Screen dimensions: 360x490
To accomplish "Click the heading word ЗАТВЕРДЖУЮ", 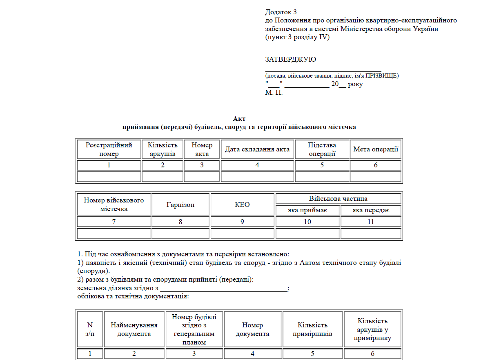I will point(290,60).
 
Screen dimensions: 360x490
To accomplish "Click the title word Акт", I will point(239,119).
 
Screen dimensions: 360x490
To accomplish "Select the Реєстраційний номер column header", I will point(109,149).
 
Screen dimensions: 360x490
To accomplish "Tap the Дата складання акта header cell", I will point(257,149).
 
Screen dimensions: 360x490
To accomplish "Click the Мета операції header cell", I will point(376,149).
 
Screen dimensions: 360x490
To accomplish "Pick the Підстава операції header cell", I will point(322,149).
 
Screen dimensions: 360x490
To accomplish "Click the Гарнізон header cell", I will point(180,204).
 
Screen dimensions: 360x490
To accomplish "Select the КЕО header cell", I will point(242,204).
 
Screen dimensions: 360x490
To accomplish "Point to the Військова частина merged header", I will point(338,199).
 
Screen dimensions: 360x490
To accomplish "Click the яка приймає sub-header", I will point(307,211).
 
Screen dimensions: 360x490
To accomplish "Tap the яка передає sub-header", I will point(371,211).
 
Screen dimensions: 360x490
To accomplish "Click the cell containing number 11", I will point(371,222).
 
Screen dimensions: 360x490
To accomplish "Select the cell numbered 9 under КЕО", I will point(242,222).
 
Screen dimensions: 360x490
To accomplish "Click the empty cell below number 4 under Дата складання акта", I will point(257,177).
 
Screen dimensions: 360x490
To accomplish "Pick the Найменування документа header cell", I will point(134,329).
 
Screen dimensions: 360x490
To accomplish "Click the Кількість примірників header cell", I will point(312,329).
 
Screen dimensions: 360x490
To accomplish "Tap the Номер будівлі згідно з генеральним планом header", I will point(194,329).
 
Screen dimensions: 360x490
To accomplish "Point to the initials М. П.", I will point(274,92).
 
